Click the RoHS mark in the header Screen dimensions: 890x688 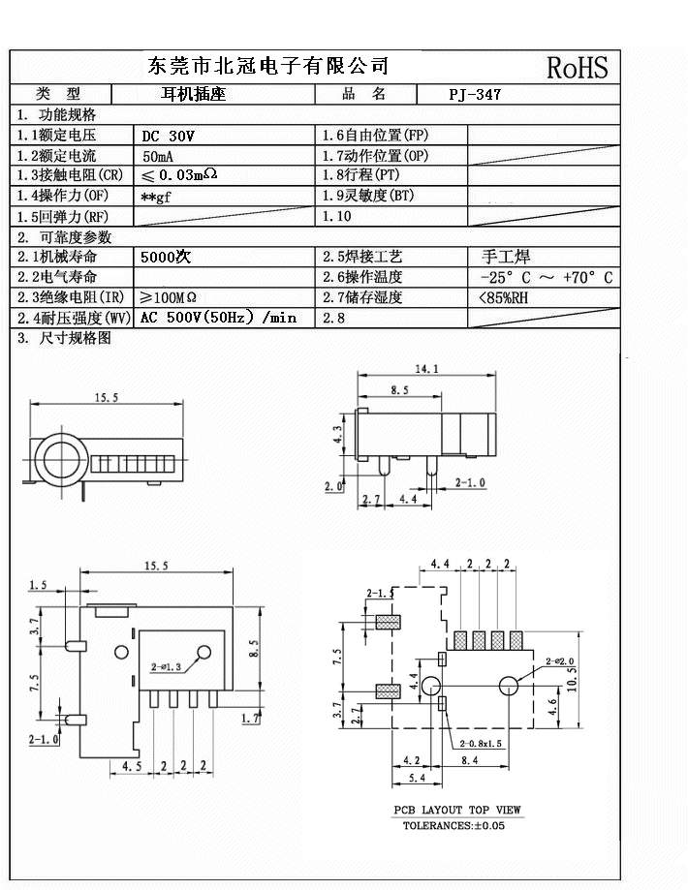click(x=577, y=67)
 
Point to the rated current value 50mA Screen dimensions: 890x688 click(x=159, y=156)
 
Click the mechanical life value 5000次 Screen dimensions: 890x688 click(x=166, y=258)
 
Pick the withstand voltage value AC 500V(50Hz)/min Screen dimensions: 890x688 click(x=218, y=318)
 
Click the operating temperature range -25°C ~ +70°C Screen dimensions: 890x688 click(x=546, y=278)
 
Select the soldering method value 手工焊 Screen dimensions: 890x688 click(x=505, y=258)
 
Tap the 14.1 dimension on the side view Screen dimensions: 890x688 click(x=427, y=369)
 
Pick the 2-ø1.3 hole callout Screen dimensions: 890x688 click(x=167, y=667)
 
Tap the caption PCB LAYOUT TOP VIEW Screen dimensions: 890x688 click(x=456, y=810)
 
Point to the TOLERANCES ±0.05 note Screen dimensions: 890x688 click(x=453, y=825)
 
